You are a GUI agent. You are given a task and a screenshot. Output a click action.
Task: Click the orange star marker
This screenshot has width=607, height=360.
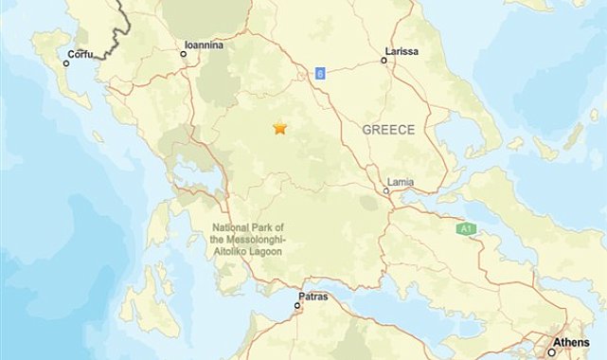click(279, 128)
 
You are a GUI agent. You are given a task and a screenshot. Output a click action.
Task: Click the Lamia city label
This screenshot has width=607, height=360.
click(402, 180)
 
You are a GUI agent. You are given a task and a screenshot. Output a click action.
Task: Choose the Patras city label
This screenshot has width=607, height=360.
click(312, 297)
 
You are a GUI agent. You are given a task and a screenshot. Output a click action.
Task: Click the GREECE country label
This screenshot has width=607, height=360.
click(388, 130)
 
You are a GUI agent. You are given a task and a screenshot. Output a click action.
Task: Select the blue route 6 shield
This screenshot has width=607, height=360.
click(321, 74)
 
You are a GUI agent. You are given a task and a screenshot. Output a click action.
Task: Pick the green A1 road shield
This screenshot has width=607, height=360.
click(465, 228)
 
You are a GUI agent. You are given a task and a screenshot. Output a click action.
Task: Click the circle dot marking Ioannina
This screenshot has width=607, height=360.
click(184, 54)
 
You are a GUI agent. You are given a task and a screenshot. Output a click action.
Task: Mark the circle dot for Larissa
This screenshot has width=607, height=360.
click(384, 60)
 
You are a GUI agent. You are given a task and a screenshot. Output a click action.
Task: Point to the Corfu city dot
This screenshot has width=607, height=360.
click(66, 63)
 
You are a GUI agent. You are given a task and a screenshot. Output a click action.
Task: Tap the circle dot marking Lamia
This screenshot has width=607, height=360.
click(386, 190)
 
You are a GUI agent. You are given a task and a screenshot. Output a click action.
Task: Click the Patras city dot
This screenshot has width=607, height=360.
click(298, 307)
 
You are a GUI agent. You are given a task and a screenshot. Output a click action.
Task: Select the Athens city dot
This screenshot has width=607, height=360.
click(552, 352)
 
